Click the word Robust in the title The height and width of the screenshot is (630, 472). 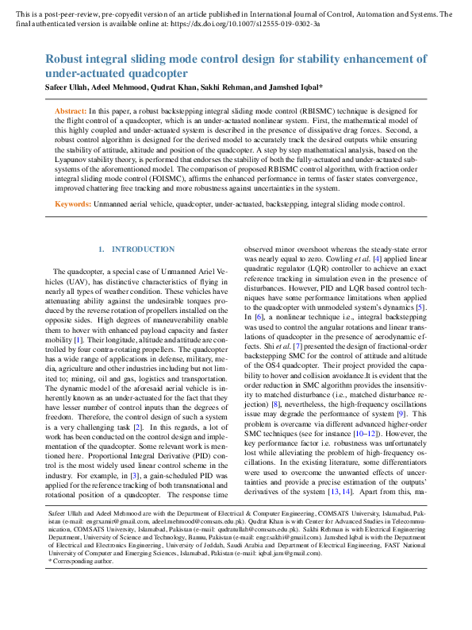(64, 59)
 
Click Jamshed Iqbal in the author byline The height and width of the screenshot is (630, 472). (293, 87)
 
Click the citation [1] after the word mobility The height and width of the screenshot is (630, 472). (79, 319)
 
